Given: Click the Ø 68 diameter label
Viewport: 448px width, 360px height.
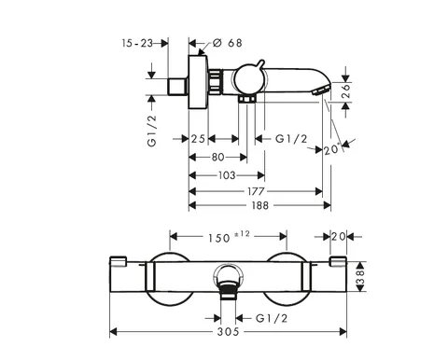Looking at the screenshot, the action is coord(227,43).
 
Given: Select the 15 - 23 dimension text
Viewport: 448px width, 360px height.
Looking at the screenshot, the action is coord(137,43).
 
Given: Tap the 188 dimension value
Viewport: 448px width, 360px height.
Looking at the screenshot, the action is coord(259,205).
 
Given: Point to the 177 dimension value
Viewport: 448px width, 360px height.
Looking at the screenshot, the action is coord(256,191).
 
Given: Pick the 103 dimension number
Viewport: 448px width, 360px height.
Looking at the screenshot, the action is coord(227,175).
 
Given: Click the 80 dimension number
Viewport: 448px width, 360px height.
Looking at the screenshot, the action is coord(217,158).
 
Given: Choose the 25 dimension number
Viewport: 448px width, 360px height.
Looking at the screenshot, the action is coord(198,139).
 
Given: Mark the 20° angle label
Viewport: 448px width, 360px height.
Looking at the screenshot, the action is coord(331,150).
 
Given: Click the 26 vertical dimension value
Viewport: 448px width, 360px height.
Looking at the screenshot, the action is coord(345,90).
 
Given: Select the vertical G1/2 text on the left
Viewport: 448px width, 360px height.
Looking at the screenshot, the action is coord(152,131).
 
